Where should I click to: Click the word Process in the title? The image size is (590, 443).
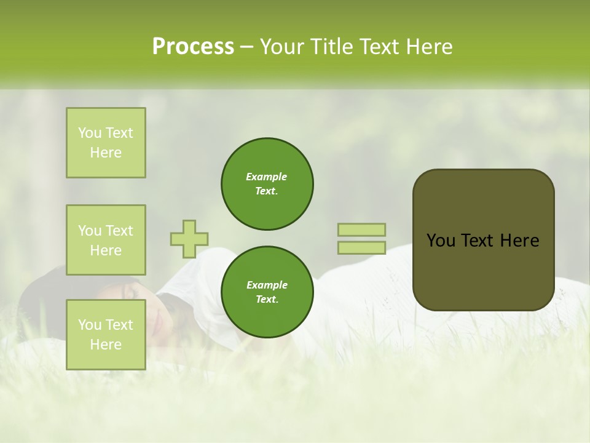tap(193, 47)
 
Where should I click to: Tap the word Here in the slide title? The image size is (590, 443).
tap(428, 47)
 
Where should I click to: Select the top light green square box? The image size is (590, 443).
tap(106, 143)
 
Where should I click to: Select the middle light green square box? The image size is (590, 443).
tap(106, 240)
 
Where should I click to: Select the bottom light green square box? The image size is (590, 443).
tap(106, 335)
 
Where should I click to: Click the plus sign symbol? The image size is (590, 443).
tap(189, 239)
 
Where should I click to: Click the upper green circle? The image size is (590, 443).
tap(267, 184)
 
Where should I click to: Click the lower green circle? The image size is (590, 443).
tap(267, 292)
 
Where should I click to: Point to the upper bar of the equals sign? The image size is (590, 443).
tap(361, 229)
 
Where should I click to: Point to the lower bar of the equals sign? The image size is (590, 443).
tap(361, 247)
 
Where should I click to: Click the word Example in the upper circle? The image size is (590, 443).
tap(267, 177)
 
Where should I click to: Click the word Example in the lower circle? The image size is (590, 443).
tap(267, 285)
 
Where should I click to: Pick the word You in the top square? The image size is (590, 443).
tap(89, 133)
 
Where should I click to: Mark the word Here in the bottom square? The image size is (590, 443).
tap(106, 345)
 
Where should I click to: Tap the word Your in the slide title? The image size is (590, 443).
tap(281, 47)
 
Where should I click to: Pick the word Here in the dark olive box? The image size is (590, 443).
tap(519, 241)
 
